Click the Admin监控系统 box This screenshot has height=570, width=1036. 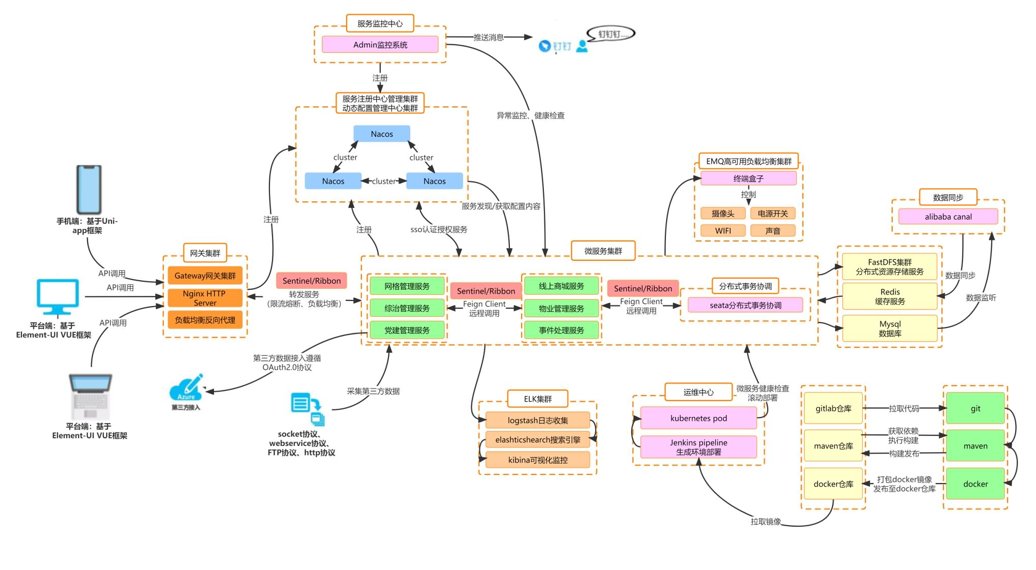point(380,45)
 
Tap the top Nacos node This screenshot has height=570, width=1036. point(381,134)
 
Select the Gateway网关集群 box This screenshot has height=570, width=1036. point(205,276)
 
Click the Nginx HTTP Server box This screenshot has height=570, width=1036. point(205,298)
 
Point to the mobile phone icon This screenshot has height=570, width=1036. point(89,189)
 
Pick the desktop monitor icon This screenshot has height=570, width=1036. point(57,296)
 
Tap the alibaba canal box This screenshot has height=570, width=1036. point(948,217)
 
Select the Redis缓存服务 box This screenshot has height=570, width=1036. point(890,296)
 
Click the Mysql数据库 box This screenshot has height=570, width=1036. point(890,328)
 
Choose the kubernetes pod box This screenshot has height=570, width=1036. point(698,418)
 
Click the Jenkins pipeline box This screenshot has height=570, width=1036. point(698,447)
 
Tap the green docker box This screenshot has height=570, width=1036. point(975,484)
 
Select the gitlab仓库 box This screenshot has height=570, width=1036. point(833,408)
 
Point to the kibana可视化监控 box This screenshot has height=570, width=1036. point(537,460)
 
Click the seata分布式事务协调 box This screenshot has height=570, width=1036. point(745,305)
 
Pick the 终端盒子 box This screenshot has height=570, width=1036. point(748,178)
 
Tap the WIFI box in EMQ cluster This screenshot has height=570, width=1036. point(723,231)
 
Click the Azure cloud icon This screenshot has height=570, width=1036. point(186,390)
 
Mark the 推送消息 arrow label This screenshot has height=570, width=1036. point(488,37)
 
